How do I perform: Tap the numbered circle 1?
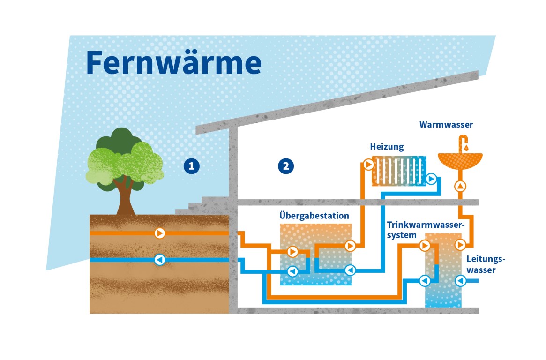click(192, 166)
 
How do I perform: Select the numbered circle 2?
click(286, 166)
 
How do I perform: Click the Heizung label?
click(387, 147)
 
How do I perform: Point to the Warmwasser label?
click(446, 125)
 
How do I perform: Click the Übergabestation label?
click(314, 216)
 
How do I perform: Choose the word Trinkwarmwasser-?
click(426, 224)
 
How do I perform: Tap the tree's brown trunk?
click(125, 199)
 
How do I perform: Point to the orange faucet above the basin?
click(464, 141)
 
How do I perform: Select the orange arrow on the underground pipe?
click(160, 233)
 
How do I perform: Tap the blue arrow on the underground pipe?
click(160, 260)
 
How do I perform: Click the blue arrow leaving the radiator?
click(431, 179)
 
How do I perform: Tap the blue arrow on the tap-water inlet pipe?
click(460, 281)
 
